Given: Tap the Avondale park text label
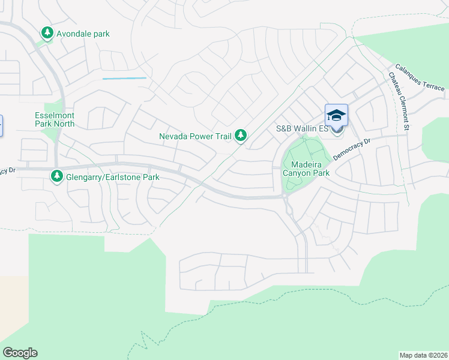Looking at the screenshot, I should tap(83, 34).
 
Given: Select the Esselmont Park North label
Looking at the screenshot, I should tap(54, 119).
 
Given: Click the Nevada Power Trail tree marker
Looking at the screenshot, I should tap(241, 136).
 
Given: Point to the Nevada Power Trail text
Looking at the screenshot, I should tap(195, 136).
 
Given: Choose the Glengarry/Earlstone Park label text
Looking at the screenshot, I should tap(113, 177).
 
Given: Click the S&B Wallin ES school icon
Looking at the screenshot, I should tap(336, 115).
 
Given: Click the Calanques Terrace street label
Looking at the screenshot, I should tap(420, 78).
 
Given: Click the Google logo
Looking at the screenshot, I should tap(20, 353).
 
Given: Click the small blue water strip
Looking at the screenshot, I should tap(124, 78).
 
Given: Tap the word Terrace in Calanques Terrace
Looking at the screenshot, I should tap(432, 83).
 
